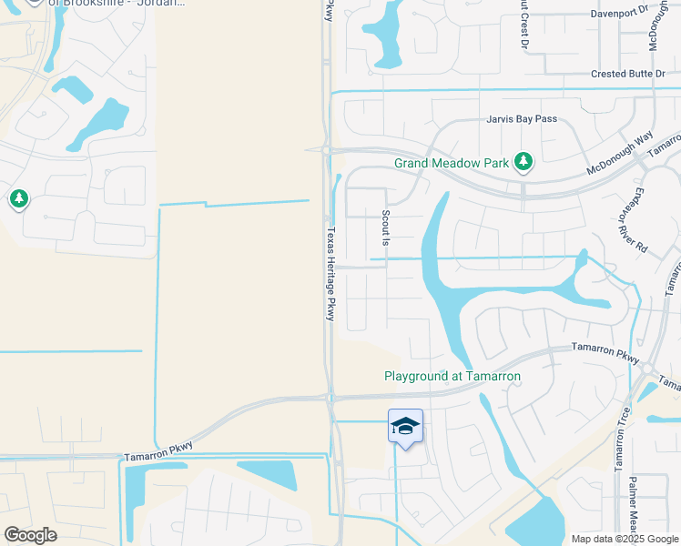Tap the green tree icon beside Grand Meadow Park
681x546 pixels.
[523, 162]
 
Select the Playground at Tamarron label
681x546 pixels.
[452, 376]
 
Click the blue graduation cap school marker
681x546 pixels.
[405, 426]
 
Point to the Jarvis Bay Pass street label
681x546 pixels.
[520, 119]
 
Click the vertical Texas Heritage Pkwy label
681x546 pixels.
[330, 273]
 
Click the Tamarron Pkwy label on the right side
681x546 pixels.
[605, 348]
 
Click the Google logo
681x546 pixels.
[30, 535]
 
